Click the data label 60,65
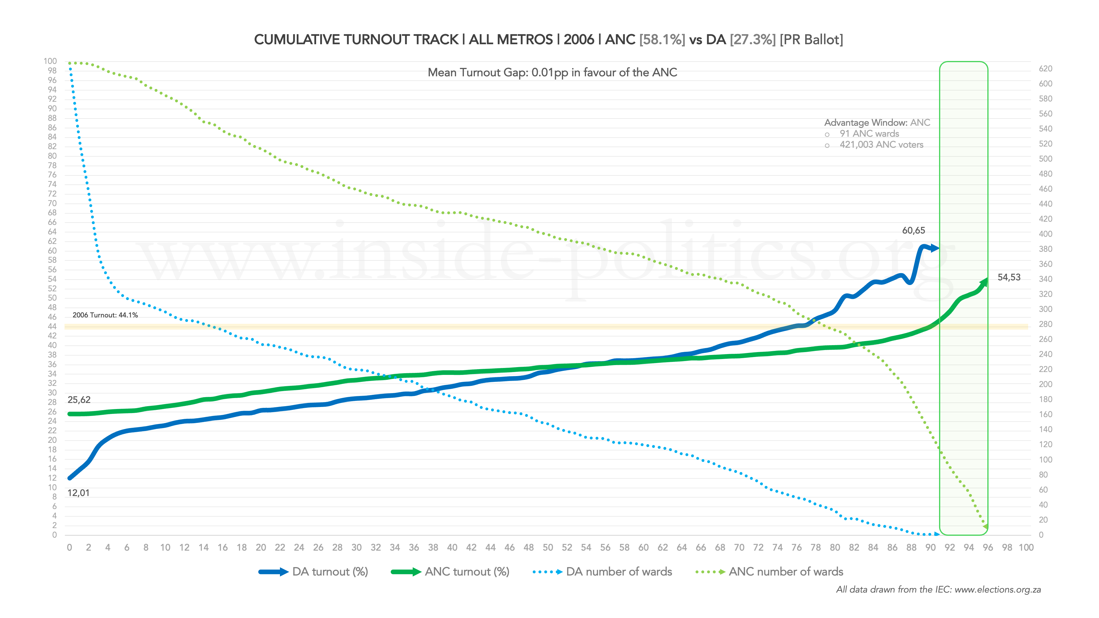pos(913,231)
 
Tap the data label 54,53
pos(1008,277)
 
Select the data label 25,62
pos(79,400)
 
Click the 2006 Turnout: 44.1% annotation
pos(105,315)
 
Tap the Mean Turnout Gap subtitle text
pos(552,73)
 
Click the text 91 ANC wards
pos(869,134)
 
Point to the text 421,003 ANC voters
pos(881,145)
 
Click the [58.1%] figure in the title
pos(662,40)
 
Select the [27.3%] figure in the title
pos(753,40)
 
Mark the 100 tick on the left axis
pos(50,61)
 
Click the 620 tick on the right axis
pos(1045,69)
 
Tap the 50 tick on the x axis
pos(548,548)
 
